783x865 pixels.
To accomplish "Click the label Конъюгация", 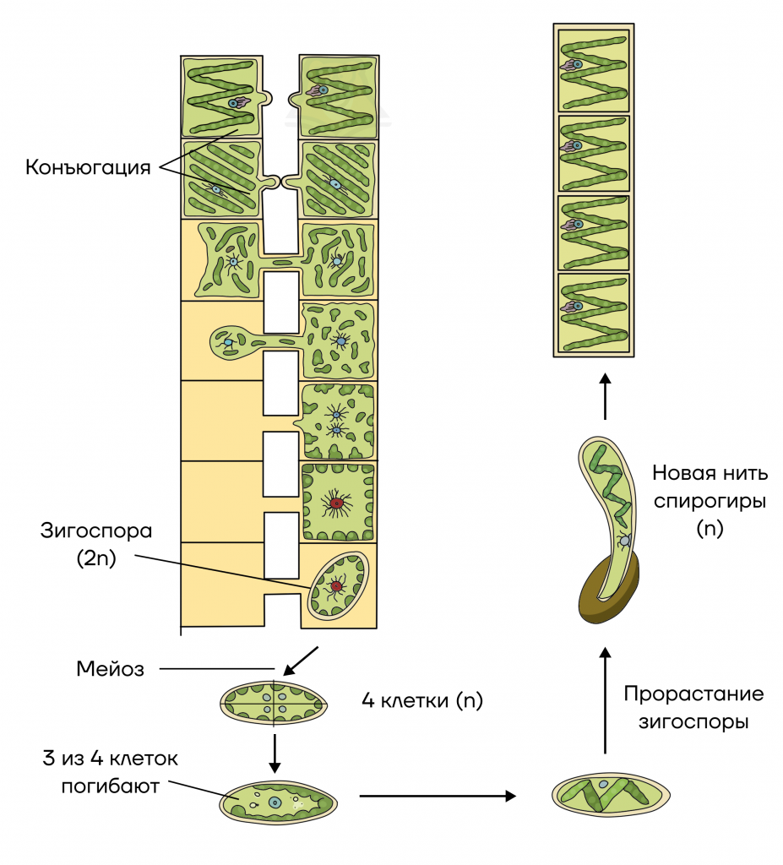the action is [x=88, y=167].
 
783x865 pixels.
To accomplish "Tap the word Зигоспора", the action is [x=96, y=530].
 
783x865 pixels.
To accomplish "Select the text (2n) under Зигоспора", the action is [x=96, y=558].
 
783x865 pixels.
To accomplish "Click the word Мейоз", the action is [x=111, y=669].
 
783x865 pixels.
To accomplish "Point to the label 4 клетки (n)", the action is [x=422, y=700].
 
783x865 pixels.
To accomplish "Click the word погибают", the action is [x=111, y=786].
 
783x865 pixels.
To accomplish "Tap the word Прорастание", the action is [x=693, y=694].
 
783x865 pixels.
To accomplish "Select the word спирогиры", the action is [x=710, y=502].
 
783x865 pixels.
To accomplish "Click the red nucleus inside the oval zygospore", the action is [x=336, y=585].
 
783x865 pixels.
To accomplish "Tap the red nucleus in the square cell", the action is [x=335, y=503].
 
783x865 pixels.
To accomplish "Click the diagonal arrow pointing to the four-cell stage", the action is [x=301, y=661].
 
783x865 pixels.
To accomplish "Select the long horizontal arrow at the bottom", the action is [x=438, y=796].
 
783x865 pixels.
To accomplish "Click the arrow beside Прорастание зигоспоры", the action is [x=606, y=700].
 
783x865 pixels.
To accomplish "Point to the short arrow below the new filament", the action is [x=606, y=396].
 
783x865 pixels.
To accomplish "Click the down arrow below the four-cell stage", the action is [x=275, y=753].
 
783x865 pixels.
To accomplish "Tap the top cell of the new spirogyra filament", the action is [x=594, y=71].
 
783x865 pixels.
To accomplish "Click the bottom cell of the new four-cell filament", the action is [x=594, y=313].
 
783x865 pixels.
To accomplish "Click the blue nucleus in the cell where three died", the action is [x=275, y=802].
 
